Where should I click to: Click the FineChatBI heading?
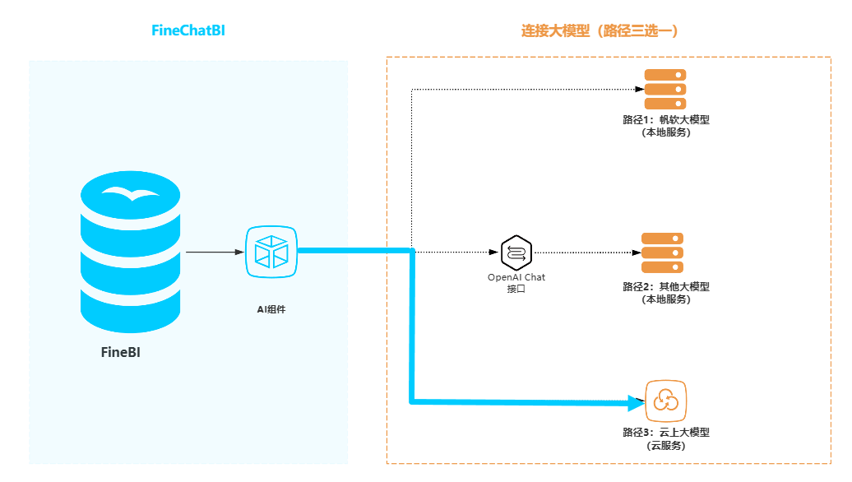(x=188, y=30)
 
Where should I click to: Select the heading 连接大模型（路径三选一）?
(x=600, y=30)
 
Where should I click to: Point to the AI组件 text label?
(x=271, y=309)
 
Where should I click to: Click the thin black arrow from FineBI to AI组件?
(x=215, y=252)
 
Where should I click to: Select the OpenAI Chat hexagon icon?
(x=516, y=252)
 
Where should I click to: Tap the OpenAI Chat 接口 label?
(x=516, y=283)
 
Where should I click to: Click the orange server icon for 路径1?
(x=664, y=89)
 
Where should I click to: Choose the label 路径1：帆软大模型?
(x=666, y=119)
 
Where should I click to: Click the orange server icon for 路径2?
(x=663, y=253)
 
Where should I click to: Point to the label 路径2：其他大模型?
(x=666, y=287)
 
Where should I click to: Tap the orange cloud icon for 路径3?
(x=665, y=401)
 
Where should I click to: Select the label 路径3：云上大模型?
(x=666, y=433)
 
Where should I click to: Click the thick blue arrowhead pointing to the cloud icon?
(x=636, y=402)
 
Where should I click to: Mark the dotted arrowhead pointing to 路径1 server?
(x=637, y=89)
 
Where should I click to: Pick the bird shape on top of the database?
(x=130, y=194)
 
